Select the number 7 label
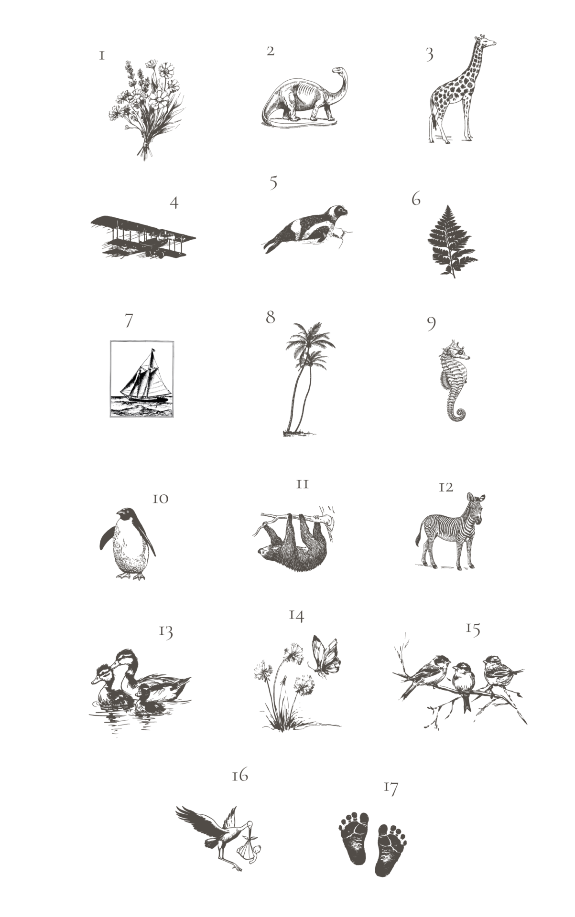(x=129, y=320)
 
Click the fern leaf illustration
(x=452, y=241)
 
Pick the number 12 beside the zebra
(x=445, y=487)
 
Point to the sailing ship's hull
(x=145, y=397)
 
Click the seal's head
(x=336, y=212)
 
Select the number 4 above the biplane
(x=174, y=203)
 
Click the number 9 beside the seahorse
(x=431, y=323)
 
